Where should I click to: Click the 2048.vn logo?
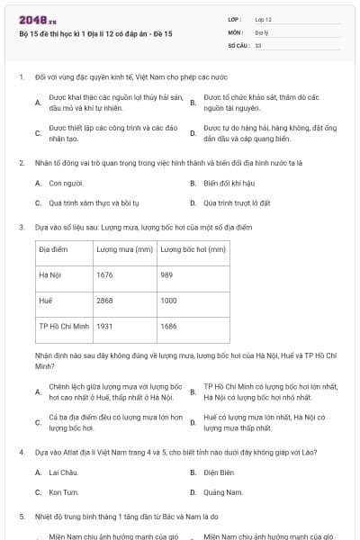[x=32, y=19]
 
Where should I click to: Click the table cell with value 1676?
[x=104, y=274]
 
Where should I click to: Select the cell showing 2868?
[x=104, y=300]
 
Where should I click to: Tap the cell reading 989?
[x=166, y=274]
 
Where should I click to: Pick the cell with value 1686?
[x=168, y=325]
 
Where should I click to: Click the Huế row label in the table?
[x=47, y=300]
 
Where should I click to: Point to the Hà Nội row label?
[x=50, y=274]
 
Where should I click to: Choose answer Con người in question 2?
[x=64, y=183]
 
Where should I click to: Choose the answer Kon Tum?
[x=64, y=492]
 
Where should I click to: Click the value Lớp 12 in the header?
[x=263, y=19]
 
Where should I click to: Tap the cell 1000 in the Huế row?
[x=168, y=300]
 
